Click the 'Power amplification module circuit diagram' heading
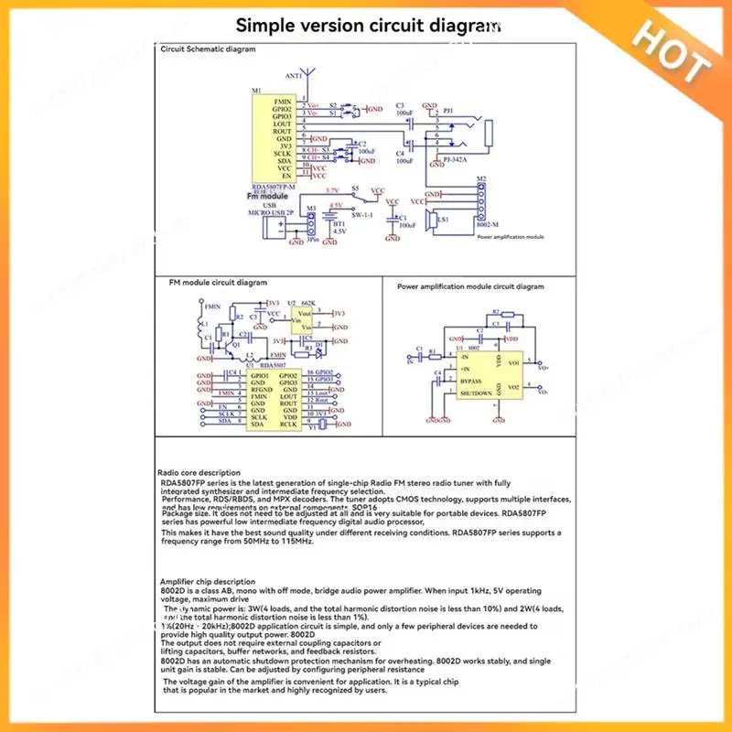click(x=470, y=286)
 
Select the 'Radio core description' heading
click(x=200, y=472)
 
